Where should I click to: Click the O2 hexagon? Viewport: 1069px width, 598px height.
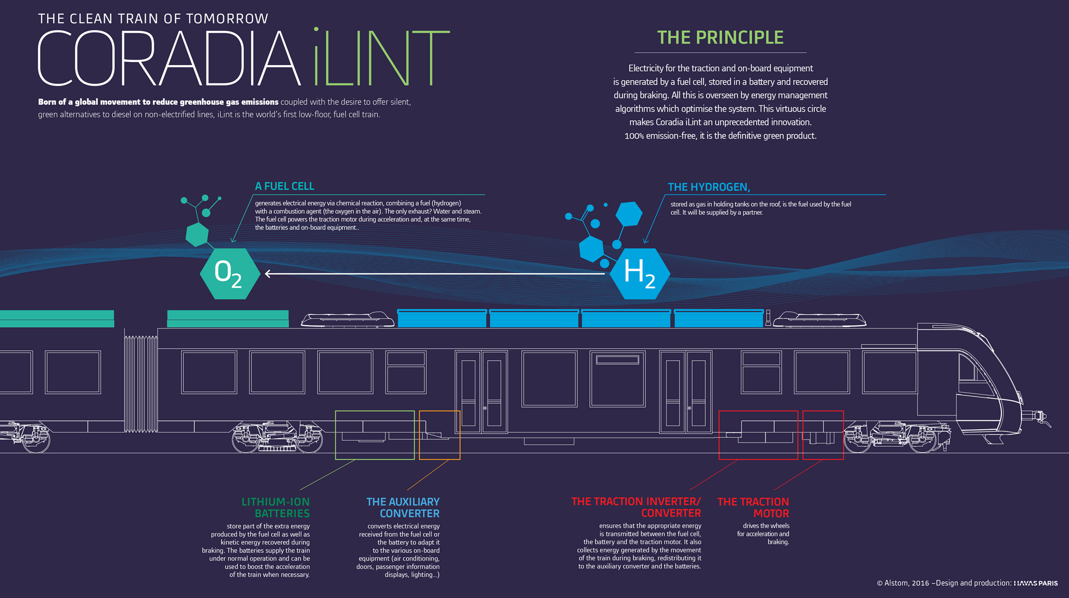pyautogui.click(x=230, y=274)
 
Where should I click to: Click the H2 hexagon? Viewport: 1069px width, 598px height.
pyautogui.click(x=640, y=274)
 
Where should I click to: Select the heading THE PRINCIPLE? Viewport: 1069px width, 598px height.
pyautogui.click(x=720, y=38)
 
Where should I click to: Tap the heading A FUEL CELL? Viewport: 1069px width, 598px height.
pyautogui.click(x=284, y=186)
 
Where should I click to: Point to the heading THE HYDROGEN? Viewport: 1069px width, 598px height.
pyautogui.click(x=709, y=187)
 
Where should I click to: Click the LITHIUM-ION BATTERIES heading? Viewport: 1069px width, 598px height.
pyautogui.click(x=276, y=507)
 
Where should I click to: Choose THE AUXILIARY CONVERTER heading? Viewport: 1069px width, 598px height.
pyautogui.click(x=403, y=507)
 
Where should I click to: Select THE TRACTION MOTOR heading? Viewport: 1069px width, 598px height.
pyautogui.click(x=753, y=507)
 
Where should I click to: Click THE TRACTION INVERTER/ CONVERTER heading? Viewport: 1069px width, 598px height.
pyautogui.click(x=637, y=507)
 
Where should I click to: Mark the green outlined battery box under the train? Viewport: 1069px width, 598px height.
pyautogui.click(x=375, y=435)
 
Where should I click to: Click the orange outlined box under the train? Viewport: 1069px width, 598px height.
pyautogui.click(x=439, y=435)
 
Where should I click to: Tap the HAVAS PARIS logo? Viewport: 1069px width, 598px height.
pyautogui.click(x=1036, y=583)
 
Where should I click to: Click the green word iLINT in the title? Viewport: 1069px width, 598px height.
pyautogui.click(x=381, y=58)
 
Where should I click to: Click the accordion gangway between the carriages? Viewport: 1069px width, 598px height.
pyautogui.click(x=141, y=384)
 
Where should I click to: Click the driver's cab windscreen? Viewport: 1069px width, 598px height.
pyautogui.click(x=976, y=374)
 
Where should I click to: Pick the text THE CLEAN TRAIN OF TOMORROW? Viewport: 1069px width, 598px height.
pyautogui.click(x=153, y=19)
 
